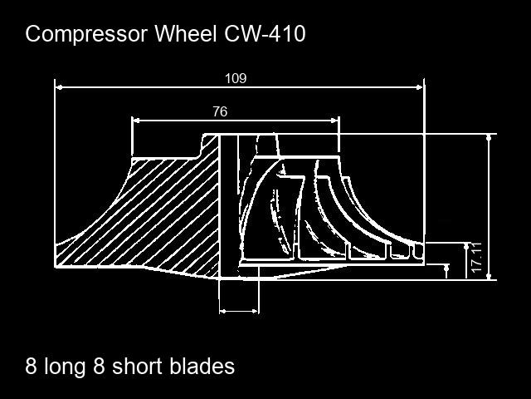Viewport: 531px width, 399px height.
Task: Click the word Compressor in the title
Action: point(81,34)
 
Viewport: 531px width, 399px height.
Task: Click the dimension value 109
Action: point(236,79)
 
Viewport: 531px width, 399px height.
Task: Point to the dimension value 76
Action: point(220,111)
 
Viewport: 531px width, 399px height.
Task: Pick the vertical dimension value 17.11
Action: point(476,259)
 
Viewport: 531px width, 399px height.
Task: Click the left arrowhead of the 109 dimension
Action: point(59,85)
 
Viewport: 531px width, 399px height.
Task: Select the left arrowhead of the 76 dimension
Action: point(136,120)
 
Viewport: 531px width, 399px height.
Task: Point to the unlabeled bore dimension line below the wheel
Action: point(238,311)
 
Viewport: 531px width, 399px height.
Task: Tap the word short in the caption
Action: point(137,366)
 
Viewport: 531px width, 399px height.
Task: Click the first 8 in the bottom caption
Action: point(32,366)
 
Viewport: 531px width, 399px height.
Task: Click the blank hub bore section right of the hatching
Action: point(228,199)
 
